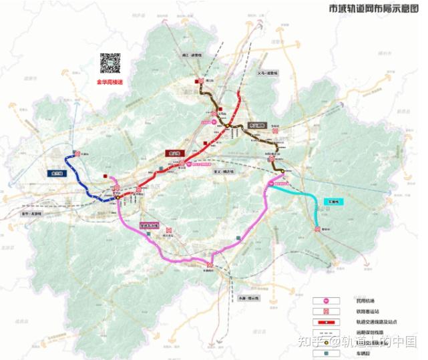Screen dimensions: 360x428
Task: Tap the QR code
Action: [110, 63]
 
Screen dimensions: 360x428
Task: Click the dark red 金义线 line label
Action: [176, 152]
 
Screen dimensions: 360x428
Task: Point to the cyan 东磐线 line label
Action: [332, 201]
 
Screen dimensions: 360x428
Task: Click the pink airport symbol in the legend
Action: [327, 301]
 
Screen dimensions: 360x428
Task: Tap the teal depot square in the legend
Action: [327, 354]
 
